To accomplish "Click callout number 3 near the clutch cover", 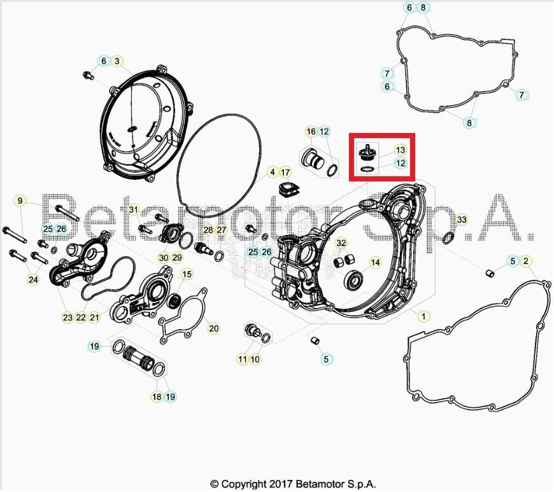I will click(x=117, y=61).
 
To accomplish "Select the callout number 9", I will click(x=20, y=201).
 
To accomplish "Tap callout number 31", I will click(x=133, y=209).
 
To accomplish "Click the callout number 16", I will click(x=311, y=132).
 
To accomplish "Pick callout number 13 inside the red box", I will click(x=400, y=150).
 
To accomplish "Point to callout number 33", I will click(x=462, y=220).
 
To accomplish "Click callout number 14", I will click(x=375, y=262).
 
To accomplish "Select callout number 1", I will click(x=422, y=315).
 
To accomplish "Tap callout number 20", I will click(x=213, y=328).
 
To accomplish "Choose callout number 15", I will click(x=187, y=274).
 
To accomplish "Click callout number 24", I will click(x=32, y=279).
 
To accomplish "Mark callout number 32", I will click(x=341, y=243).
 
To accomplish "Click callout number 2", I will click(x=526, y=261).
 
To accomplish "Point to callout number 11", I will click(x=243, y=360).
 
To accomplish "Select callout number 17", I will click(x=285, y=172).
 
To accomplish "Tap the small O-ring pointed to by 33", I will click(x=448, y=238).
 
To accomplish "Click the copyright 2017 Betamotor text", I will click(x=297, y=484).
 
